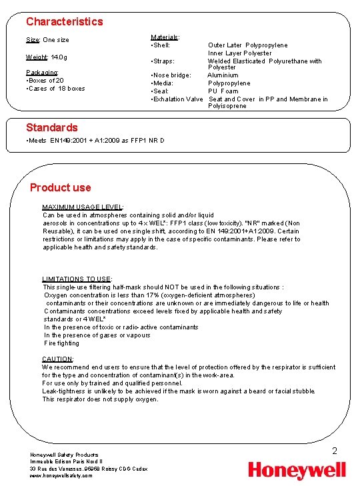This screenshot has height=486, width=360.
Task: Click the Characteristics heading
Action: pos(65,21)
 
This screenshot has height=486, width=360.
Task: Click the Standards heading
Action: pos(52,127)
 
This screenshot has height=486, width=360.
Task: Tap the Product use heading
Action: pos(61,187)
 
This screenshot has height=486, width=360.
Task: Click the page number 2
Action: pos(335,451)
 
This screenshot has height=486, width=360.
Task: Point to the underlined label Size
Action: pos(33,40)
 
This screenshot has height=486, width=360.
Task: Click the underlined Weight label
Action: pos(36,57)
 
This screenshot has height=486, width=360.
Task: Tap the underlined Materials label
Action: pos(165,37)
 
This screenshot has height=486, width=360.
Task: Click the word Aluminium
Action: pos(223,75)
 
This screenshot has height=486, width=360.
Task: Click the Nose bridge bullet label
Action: pos(171,75)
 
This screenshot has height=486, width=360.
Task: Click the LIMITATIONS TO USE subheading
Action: pos(77,279)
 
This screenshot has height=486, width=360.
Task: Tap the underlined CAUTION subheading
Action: pos(57,359)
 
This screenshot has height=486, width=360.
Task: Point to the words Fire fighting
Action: pos(61,343)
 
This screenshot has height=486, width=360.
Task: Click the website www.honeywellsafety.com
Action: pos(61,475)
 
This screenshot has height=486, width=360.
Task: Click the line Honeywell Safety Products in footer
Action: pos(64,455)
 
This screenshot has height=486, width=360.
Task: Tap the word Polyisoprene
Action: pos(227,106)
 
